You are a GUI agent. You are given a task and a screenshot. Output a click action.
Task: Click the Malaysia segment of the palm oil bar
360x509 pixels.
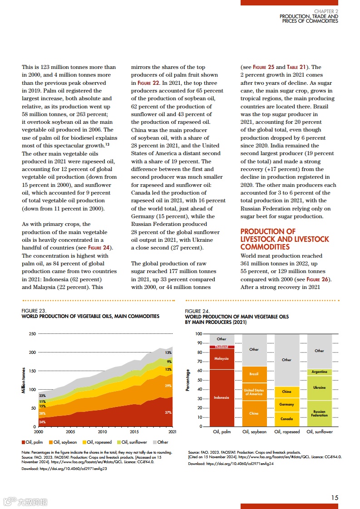pyautogui.click(x=222, y=358)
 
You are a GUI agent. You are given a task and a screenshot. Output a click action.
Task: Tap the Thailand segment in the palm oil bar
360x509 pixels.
pyautogui.click(x=222, y=347)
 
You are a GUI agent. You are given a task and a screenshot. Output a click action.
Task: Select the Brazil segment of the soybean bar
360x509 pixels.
pyautogui.click(x=254, y=374)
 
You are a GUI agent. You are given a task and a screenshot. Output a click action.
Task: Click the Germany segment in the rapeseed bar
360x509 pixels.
pyautogui.click(x=286, y=404)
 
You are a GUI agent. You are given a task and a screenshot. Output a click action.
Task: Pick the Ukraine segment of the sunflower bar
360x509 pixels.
pyautogui.click(x=319, y=387)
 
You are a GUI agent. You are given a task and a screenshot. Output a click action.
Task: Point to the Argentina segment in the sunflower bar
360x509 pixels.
pyautogui.click(x=319, y=372)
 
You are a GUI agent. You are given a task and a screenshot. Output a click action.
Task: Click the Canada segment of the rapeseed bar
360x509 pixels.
pyautogui.click(x=286, y=419)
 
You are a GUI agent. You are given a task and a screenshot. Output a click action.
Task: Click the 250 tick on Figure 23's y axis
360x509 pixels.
pyautogui.click(x=32, y=334)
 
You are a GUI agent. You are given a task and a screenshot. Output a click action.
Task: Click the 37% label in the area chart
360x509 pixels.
pyautogui.click(x=168, y=412)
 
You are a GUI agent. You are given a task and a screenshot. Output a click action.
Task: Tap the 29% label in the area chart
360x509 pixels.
pyautogui.click(x=168, y=386)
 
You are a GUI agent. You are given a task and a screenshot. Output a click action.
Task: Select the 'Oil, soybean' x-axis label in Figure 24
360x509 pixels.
pyautogui.click(x=254, y=432)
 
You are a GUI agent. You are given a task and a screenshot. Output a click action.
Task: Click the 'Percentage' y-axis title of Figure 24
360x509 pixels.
pyautogui.click(x=188, y=380)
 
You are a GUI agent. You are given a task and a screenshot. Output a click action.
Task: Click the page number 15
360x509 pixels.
pyautogui.click(x=335, y=497)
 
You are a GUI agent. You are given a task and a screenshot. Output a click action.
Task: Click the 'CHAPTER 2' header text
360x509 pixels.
pyautogui.click(x=326, y=11)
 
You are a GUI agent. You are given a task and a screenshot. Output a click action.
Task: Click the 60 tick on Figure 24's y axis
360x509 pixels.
pyautogui.click(x=198, y=371)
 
